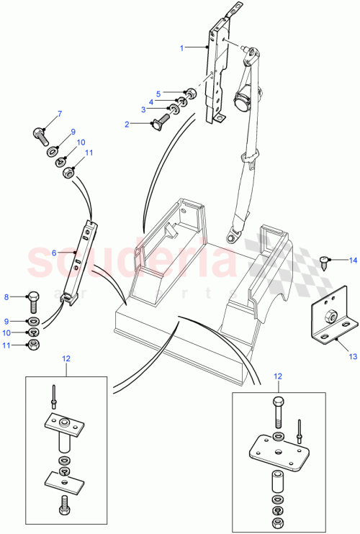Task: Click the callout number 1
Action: coord(182,47)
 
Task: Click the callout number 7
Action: coord(60,114)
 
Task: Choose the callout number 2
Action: coord(127,125)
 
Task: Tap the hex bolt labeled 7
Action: coord(40,132)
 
